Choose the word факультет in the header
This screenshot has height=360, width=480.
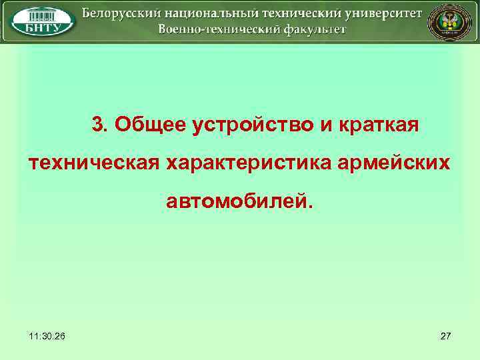coord(308,29)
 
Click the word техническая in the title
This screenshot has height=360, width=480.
coord(94,162)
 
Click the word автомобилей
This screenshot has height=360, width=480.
coord(239,199)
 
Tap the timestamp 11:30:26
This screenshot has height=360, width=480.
coord(48,336)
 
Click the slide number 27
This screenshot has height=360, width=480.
coord(446,336)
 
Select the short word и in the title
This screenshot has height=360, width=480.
coord(329,125)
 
